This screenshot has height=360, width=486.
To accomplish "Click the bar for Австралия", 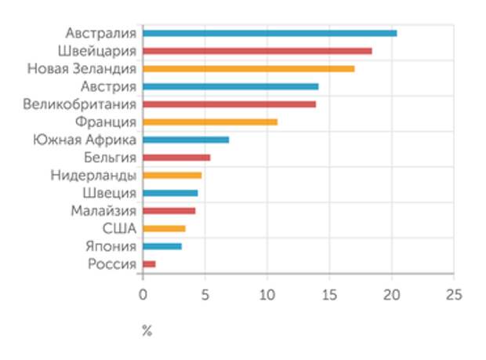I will point(270,34).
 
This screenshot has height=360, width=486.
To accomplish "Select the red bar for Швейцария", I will point(257,51).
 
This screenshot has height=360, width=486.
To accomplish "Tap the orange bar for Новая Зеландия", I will point(248,69).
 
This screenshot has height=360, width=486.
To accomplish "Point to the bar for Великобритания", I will point(229,104).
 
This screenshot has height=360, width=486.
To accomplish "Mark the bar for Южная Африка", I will point(186,140).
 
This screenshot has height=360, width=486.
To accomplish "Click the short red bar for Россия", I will point(149,264).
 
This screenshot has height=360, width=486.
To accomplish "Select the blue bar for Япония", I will point(161,246).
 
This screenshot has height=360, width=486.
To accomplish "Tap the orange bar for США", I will point(164,229).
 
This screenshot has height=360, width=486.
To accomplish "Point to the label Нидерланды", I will point(93,176).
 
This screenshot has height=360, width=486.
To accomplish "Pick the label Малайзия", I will point(103,211).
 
